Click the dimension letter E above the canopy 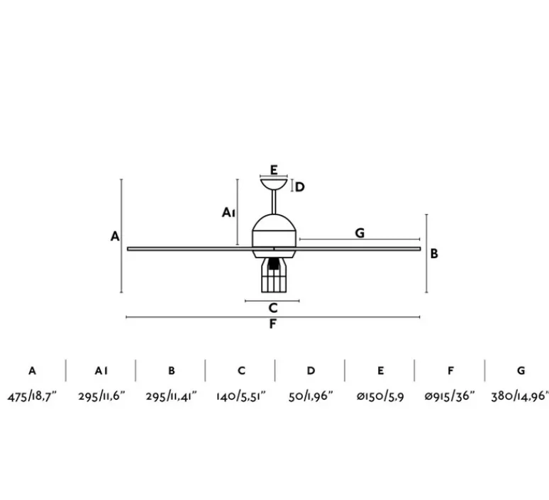(x=274, y=170)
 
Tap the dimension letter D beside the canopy (x=300, y=187)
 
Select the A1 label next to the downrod (x=228, y=212)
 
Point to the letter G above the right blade (x=360, y=233)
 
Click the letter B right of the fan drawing (x=434, y=253)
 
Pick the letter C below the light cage (x=273, y=308)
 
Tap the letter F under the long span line (x=273, y=324)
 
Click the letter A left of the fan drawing (x=115, y=236)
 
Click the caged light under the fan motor (x=274, y=275)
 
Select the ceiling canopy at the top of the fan (x=274, y=184)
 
